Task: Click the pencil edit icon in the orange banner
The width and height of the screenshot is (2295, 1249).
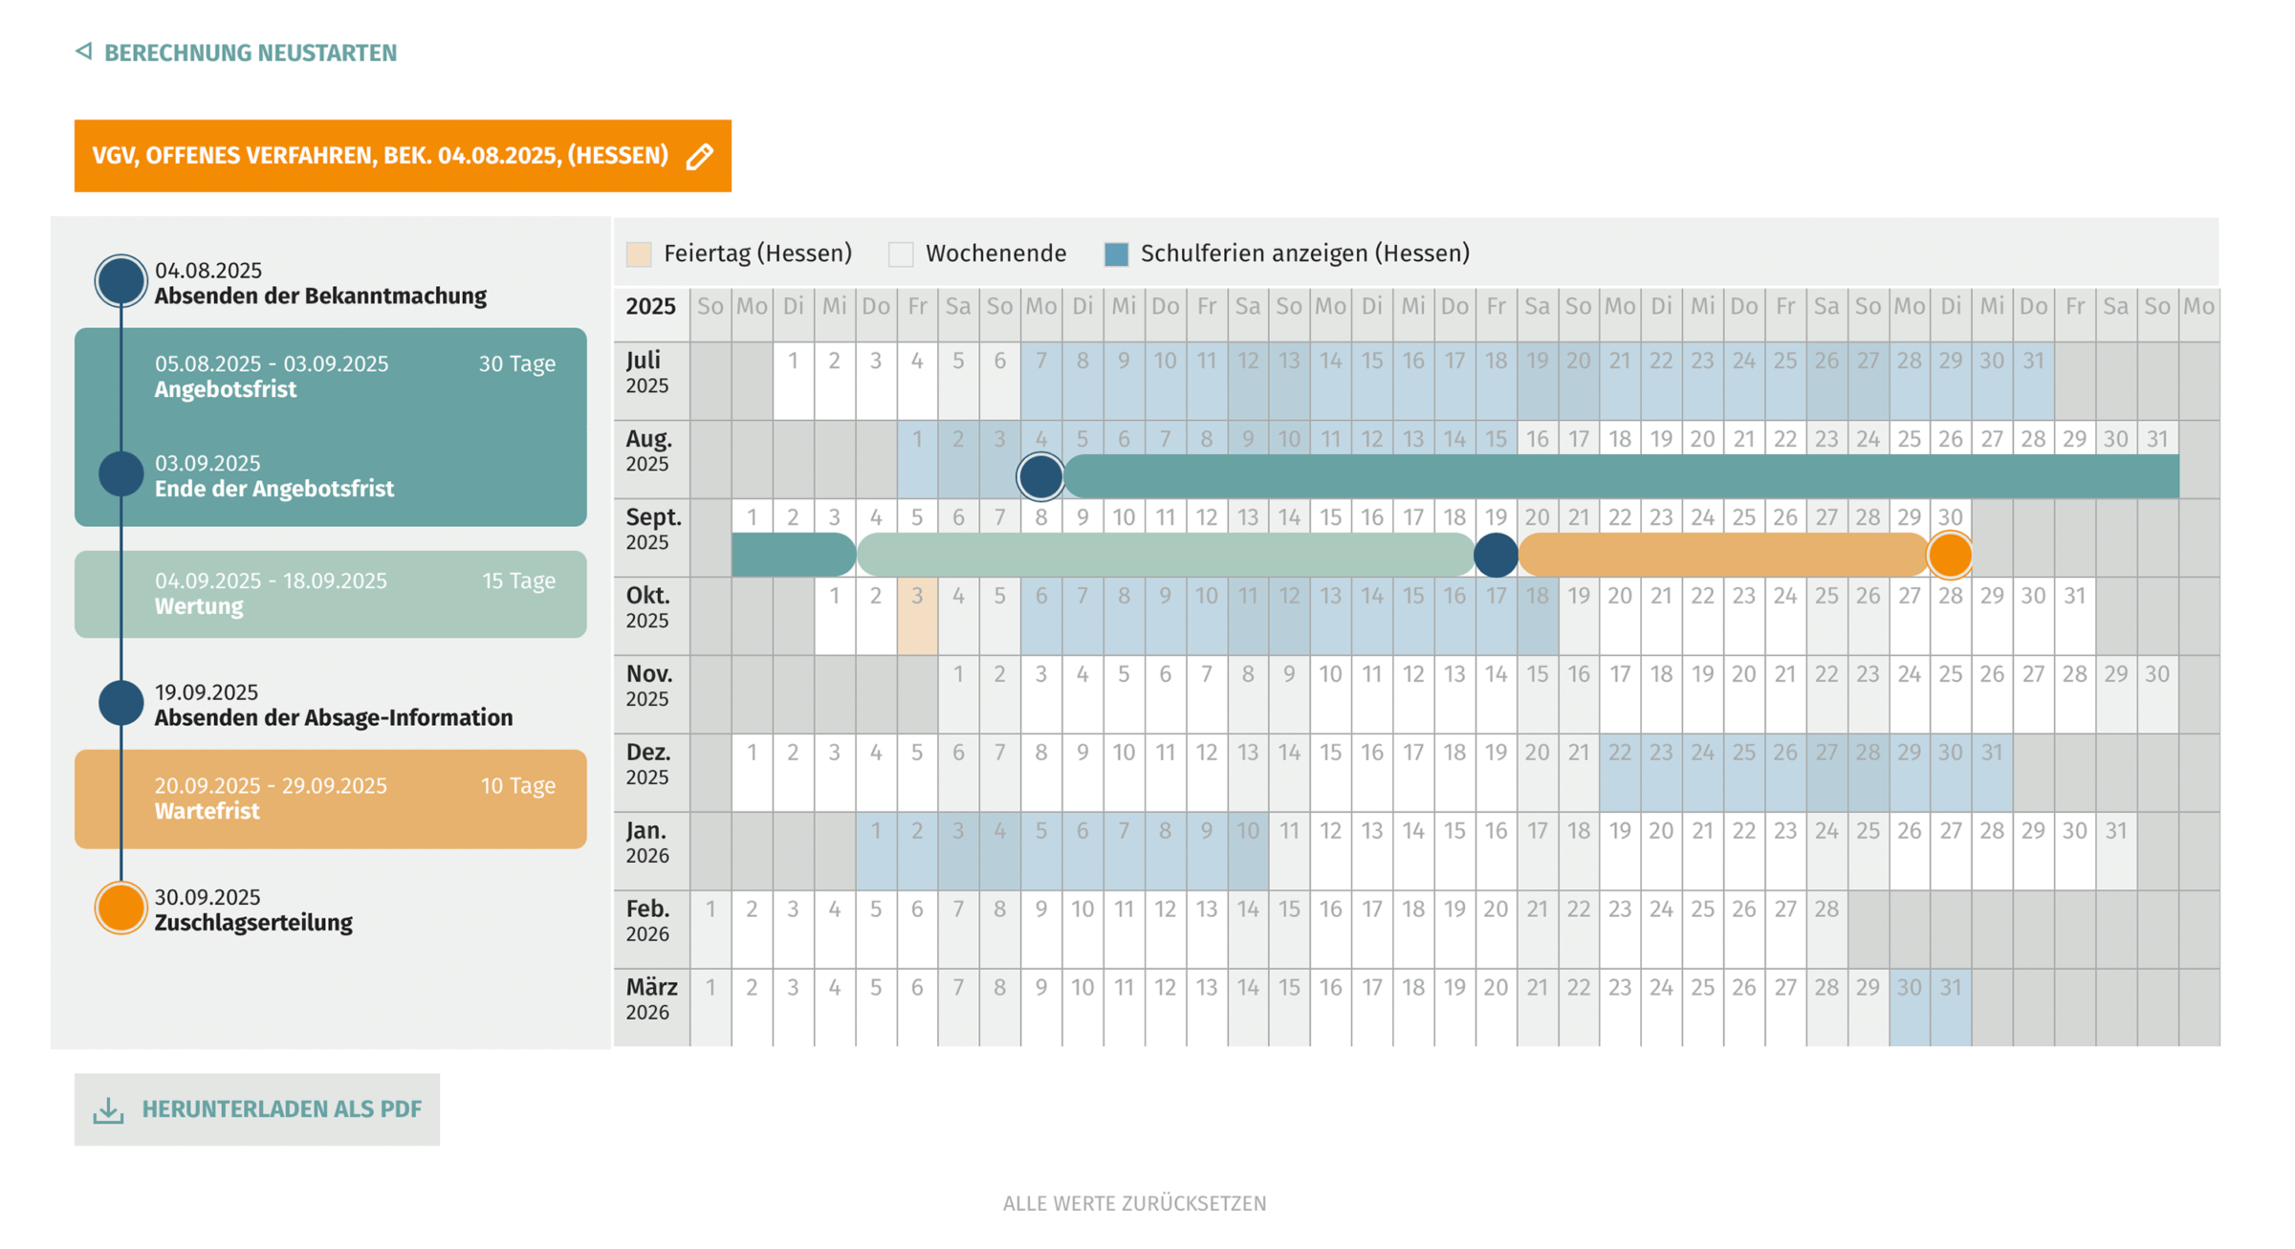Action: coord(700,156)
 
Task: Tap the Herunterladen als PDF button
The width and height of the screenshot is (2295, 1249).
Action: coord(257,1109)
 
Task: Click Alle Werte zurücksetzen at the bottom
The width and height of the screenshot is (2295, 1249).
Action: coord(1134,1203)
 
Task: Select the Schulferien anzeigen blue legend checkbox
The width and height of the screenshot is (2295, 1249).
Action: coord(1116,254)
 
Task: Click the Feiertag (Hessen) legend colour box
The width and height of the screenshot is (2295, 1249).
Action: coord(639,254)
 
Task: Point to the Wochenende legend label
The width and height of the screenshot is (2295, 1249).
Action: coord(995,253)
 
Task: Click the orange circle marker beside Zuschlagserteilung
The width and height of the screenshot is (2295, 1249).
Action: coord(120,908)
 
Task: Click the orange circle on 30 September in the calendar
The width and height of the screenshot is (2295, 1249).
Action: coord(1950,556)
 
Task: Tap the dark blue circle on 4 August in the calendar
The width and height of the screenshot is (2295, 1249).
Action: coord(1040,476)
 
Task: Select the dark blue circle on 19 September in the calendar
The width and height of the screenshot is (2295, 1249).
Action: coord(1496,556)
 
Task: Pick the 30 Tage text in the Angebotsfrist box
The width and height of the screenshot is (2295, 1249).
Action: coord(516,364)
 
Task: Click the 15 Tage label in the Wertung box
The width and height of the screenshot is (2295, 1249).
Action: coord(518,581)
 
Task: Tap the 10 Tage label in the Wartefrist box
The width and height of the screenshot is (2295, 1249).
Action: coord(517,786)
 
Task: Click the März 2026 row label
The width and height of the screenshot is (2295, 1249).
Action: coord(650,998)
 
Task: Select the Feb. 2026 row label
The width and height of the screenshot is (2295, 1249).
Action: coord(650,920)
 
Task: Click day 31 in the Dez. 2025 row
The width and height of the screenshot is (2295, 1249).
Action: coord(1992,753)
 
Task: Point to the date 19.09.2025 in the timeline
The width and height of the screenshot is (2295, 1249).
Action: coord(207,692)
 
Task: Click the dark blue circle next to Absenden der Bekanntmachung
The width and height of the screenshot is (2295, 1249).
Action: coord(120,281)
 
